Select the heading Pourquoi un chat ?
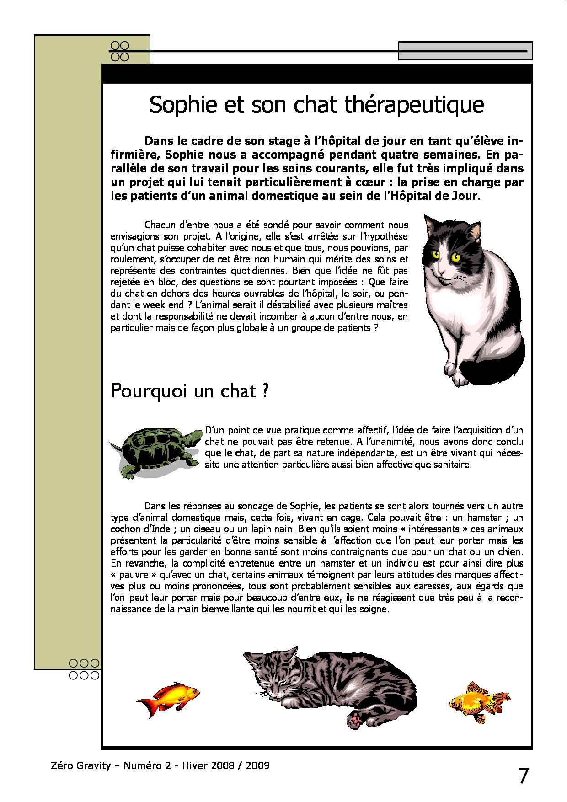[189, 392]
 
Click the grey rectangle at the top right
[465, 51]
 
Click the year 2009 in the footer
[257, 765]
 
